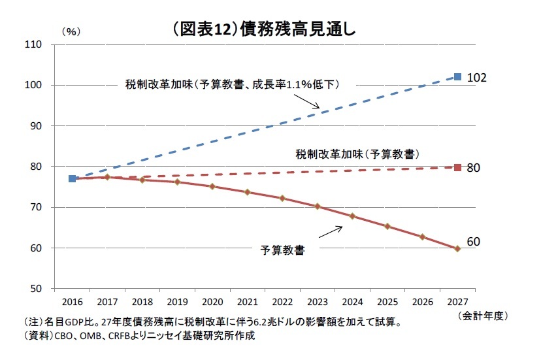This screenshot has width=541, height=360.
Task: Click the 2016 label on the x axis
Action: tap(72, 302)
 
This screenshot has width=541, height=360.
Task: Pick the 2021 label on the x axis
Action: tap(247, 302)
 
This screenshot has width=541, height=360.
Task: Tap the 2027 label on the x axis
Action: tap(457, 302)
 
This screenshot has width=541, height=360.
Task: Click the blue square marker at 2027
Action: tap(457, 76)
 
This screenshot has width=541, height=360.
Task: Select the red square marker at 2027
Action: tap(457, 167)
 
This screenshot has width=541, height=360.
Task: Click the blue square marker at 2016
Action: tap(72, 178)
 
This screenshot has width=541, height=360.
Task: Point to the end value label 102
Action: tap(478, 78)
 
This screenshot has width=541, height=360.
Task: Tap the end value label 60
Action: tap(474, 242)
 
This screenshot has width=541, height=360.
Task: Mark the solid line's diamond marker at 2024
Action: tap(352, 216)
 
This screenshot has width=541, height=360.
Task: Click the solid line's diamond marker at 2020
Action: tap(212, 186)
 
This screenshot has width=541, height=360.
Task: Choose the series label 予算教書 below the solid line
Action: tap(282, 250)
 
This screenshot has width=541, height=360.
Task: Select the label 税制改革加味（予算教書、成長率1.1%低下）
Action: tap(233, 84)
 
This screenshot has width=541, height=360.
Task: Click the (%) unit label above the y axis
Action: tap(71, 31)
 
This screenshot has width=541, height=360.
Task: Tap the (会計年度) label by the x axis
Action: tap(482, 316)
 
